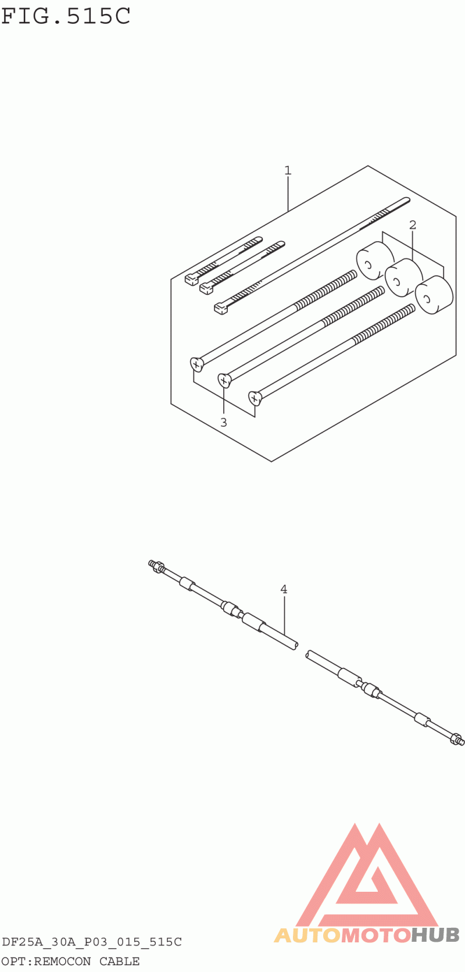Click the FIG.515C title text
pyautogui.click(x=66, y=16)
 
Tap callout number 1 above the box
pyautogui.click(x=288, y=170)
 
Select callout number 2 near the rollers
pyautogui.click(x=413, y=225)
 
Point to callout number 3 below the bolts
pyautogui.click(x=223, y=422)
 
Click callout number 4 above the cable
pyautogui.click(x=284, y=589)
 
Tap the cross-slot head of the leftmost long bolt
pyautogui.click(x=196, y=364)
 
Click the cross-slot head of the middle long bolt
pyautogui.click(x=224, y=381)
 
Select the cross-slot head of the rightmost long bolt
pyautogui.click(x=255, y=398)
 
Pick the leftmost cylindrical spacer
pyautogui.click(x=375, y=261)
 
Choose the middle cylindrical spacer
pyautogui.click(x=403, y=278)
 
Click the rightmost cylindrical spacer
pyautogui.click(x=434, y=295)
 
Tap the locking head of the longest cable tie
pyautogui.click(x=221, y=308)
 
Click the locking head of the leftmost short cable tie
pyautogui.click(x=192, y=279)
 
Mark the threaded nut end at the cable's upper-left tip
pyautogui.click(x=155, y=566)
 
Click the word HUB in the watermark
pyautogui.click(x=435, y=935)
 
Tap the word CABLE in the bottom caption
pyautogui.click(x=119, y=961)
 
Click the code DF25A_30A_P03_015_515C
pyautogui.click(x=91, y=942)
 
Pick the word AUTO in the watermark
pyautogui.click(x=307, y=935)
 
